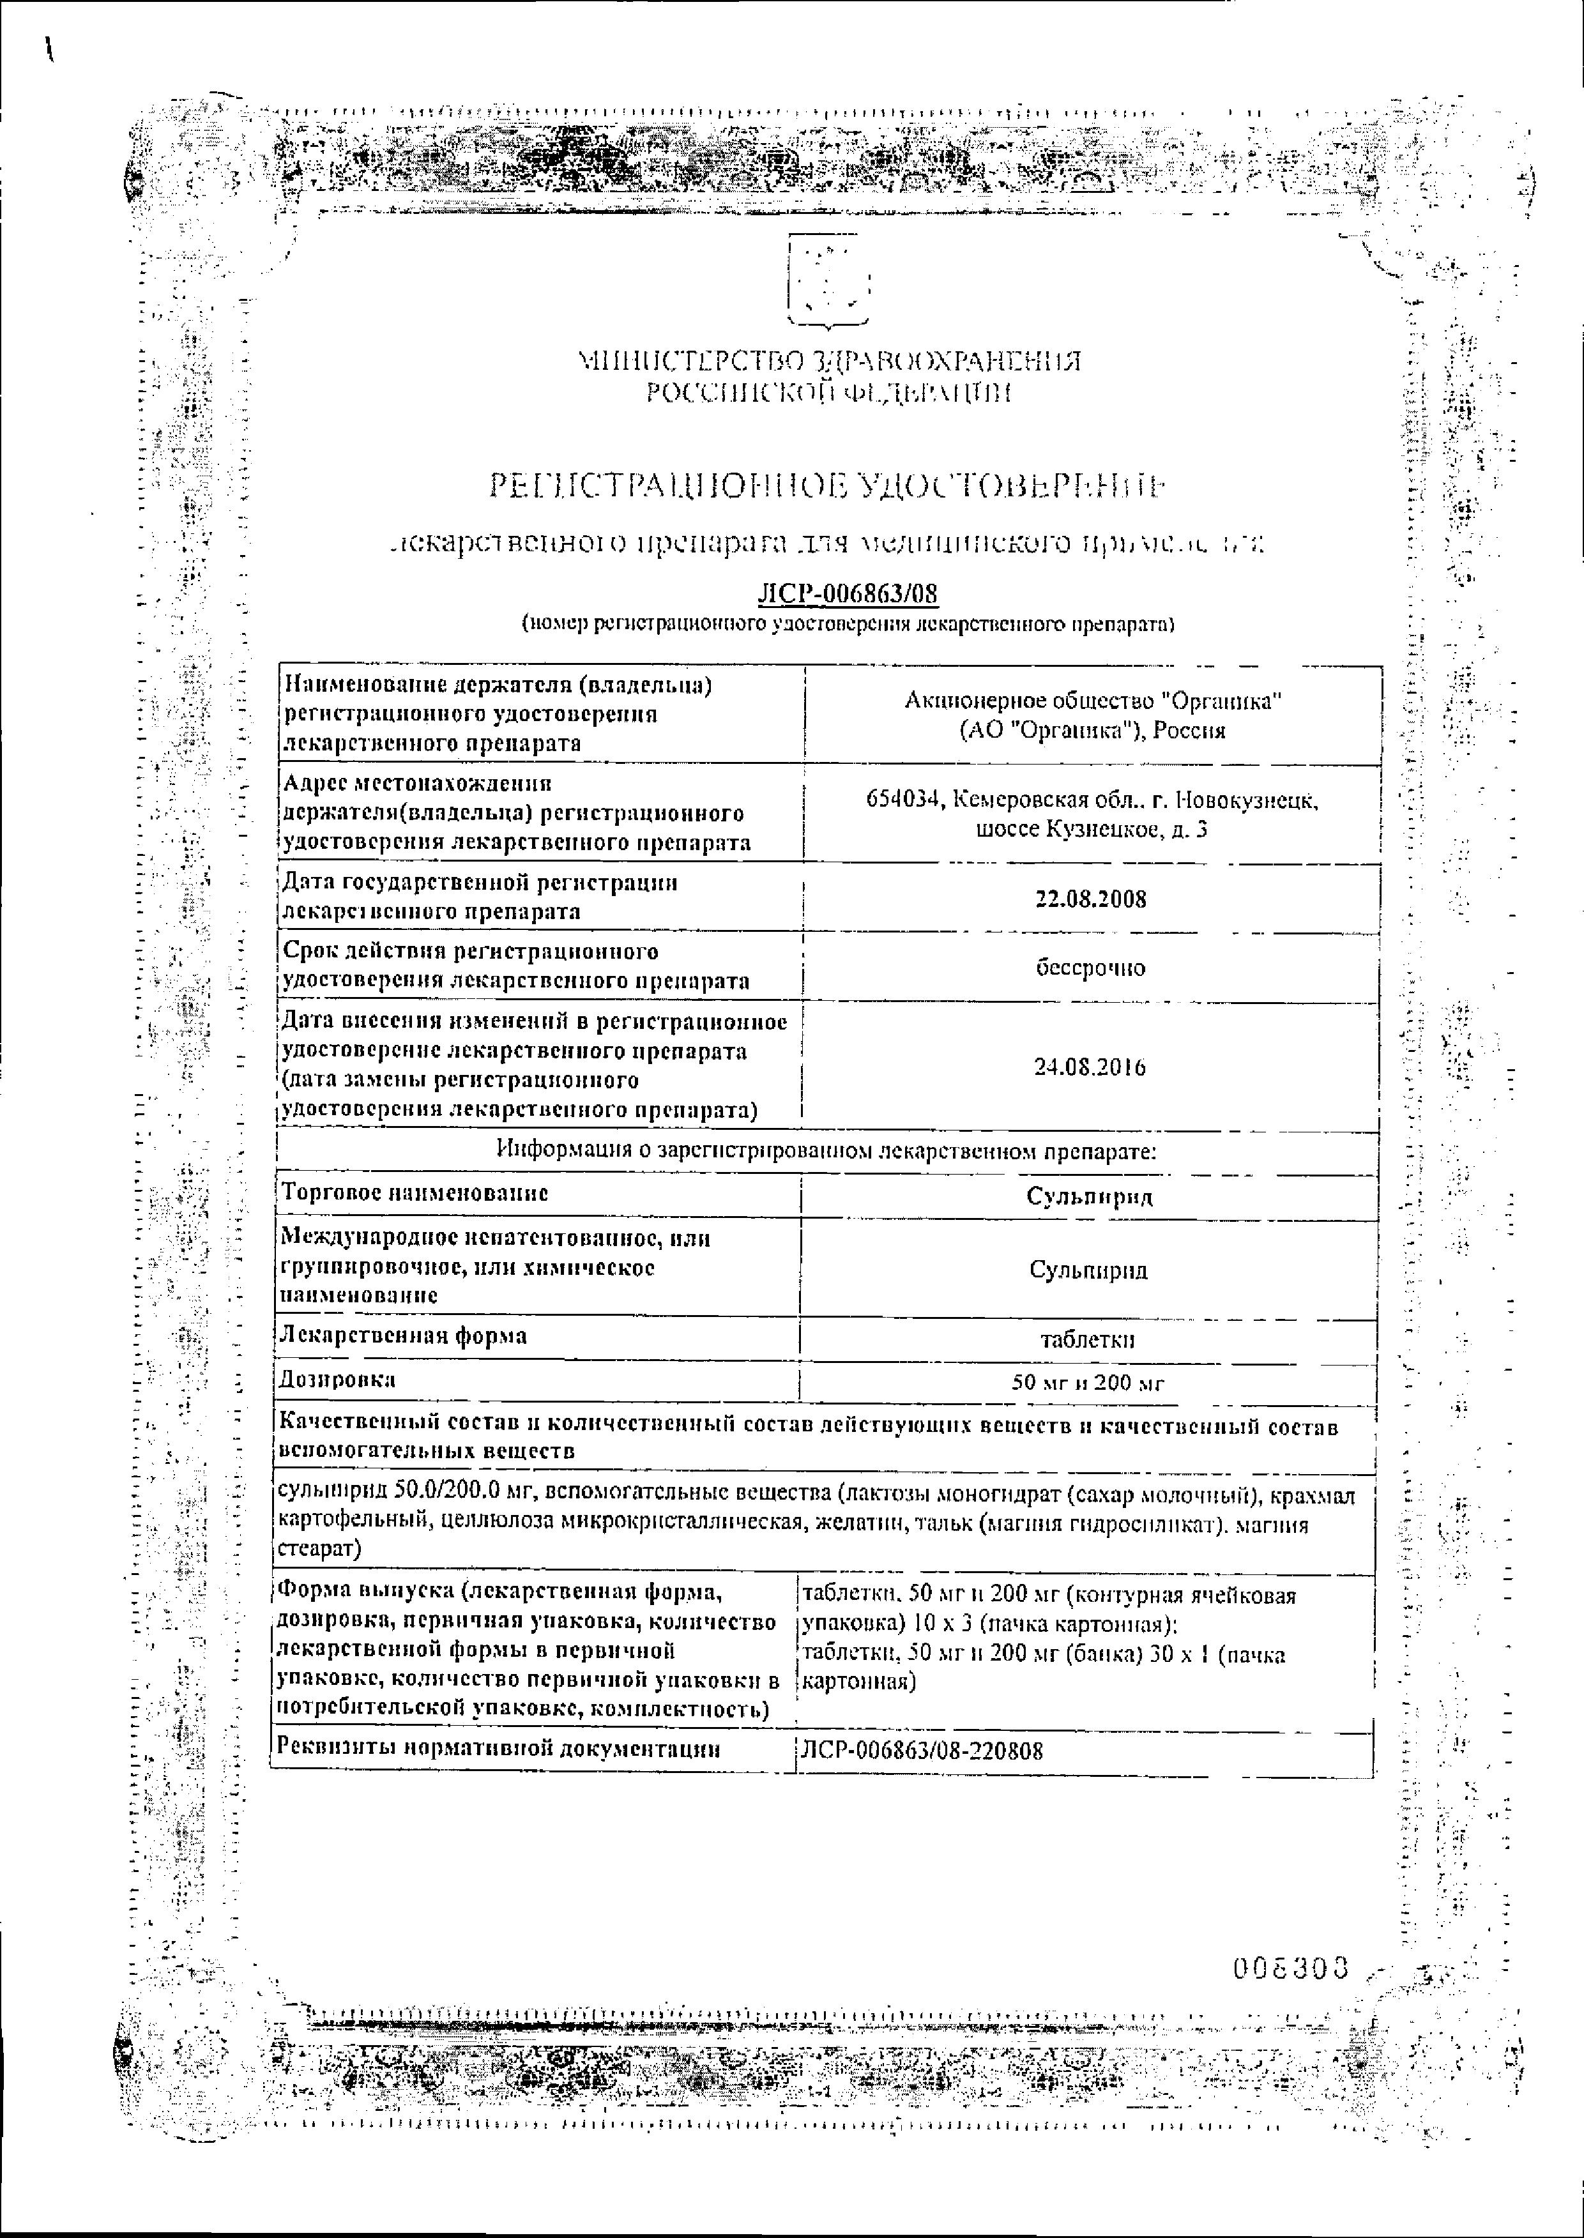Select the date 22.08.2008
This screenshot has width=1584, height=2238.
pyautogui.click(x=1090, y=898)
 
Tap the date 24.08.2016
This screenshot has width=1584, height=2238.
pyautogui.click(x=1090, y=1067)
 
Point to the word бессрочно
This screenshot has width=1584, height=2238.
pyautogui.click(x=1090, y=968)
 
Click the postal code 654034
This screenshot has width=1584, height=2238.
pyautogui.click(x=905, y=801)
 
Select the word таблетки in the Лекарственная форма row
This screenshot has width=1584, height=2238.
pyautogui.click(x=1088, y=1340)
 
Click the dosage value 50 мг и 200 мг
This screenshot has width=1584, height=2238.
pyautogui.click(x=1088, y=1383)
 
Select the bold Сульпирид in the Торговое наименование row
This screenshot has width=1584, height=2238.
pyautogui.click(x=1090, y=1196)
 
